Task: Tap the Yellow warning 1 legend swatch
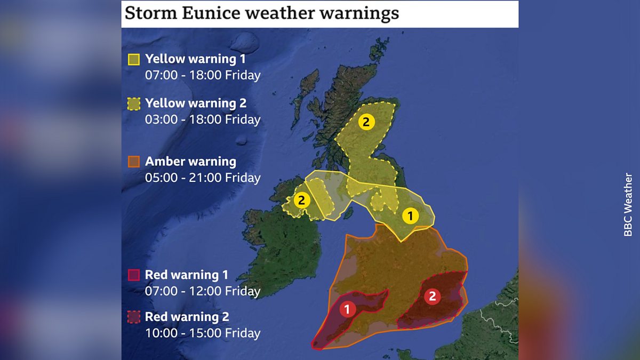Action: click(134, 59)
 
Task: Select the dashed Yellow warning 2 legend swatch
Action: click(134, 103)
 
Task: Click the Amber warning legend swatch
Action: click(134, 162)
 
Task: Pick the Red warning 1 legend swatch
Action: click(134, 275)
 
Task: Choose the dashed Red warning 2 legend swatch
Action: click(134, 317)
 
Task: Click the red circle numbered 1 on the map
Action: click(348, 309)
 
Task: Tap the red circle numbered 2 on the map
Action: click(433, 297)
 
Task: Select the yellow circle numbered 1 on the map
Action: click(410, 216)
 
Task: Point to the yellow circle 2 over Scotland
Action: click(366, 122)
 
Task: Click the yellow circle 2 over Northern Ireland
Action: click(302, 201)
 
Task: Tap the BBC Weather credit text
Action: click(628, 205)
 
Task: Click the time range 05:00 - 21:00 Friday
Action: click(203, 178)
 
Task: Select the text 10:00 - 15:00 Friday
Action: click(203, 334)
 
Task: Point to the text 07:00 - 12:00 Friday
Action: click(203, 292)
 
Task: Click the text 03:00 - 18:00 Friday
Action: click(203, 119)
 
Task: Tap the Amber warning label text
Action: click(190, 162)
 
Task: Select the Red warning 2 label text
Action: click(187, 317)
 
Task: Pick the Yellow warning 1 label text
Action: click(195, 59)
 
